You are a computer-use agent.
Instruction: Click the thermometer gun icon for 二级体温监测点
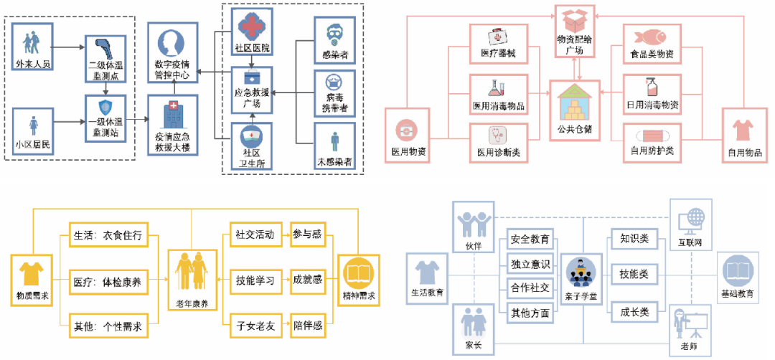click(105, 49)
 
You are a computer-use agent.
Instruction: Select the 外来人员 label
click(33, 64)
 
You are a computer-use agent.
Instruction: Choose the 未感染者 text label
click(334, 162)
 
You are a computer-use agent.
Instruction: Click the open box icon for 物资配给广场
click(575, 21)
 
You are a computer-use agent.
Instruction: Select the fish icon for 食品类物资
click(651, 37)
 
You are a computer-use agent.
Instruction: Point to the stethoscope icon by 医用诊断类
click(497, 135)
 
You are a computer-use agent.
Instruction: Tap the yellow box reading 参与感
click(308, 235)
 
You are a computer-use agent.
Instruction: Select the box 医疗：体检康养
click(108, 282)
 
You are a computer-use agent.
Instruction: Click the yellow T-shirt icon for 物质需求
click(31, 273)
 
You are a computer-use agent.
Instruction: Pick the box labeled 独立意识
click(530, 263)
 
